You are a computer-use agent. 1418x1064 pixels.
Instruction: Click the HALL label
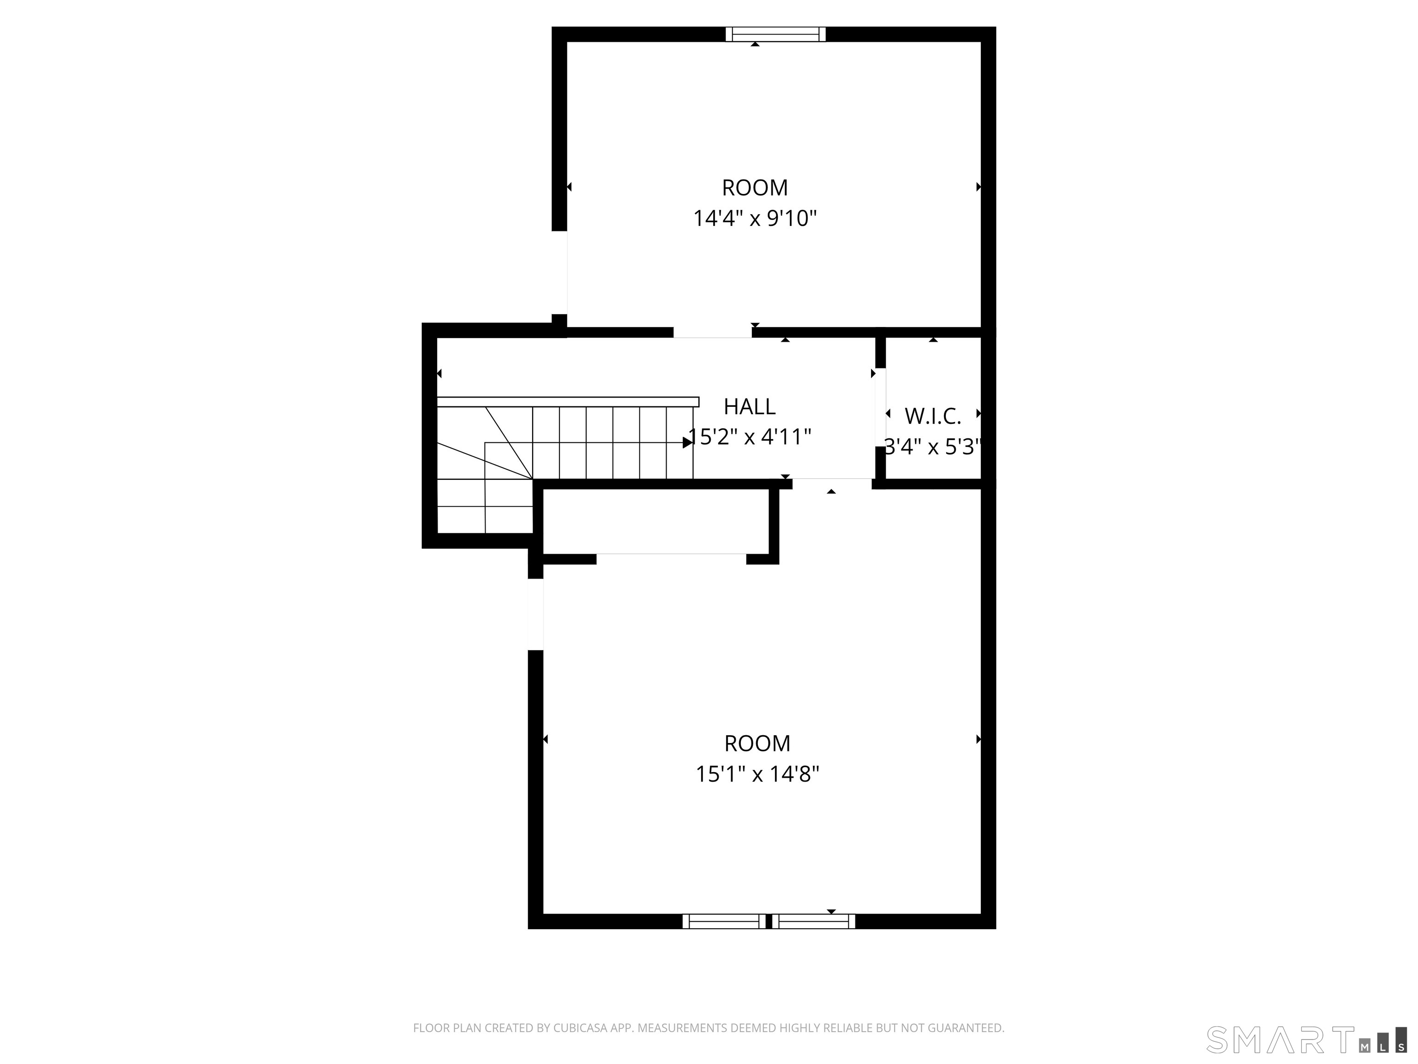(x=749, y=406)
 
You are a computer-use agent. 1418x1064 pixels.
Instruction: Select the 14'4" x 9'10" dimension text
(x=755, y=219)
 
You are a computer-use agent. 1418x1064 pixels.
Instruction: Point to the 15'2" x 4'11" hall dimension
(x=750, y=437)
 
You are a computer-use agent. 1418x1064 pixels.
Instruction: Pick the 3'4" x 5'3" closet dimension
(x=933, y=447)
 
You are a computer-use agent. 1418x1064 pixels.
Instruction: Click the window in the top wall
(x=775, y=34)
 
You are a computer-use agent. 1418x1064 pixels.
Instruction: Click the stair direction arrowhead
(x=688, y=442)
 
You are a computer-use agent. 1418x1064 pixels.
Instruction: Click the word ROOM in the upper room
(x=755, y=188)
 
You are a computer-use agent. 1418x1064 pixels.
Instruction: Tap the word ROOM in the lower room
(x=757, y=744)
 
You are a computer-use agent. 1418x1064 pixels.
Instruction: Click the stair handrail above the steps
(x=567, y=401)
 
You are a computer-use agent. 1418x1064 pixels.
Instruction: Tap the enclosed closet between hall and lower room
(x=656, y=521)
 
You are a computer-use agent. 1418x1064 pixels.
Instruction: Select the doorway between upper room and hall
(x=712, y=332)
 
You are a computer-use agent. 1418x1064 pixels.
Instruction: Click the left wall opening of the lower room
(x=535, y=614)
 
